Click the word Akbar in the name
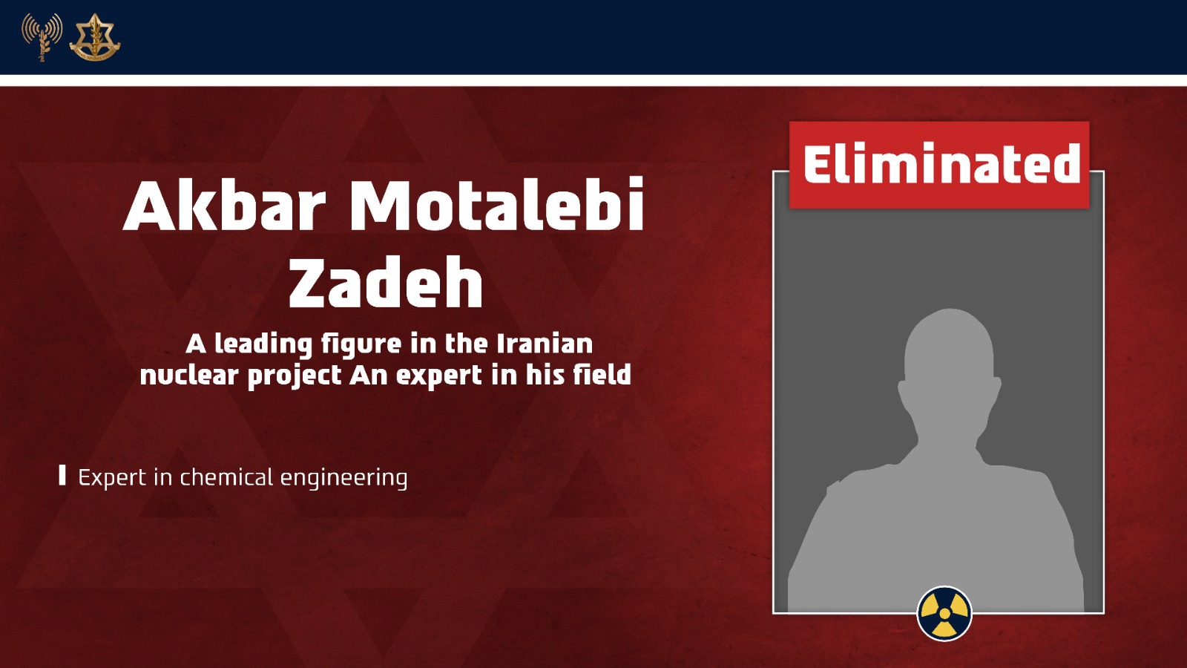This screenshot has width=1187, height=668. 224,205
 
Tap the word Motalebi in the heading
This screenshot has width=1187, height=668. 497,205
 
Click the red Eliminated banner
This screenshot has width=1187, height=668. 939,164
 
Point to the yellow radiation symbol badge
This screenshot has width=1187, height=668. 944,613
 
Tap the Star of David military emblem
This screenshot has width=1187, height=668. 95,37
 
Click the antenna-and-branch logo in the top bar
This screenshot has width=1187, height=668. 42,36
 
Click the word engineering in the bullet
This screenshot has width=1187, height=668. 344,478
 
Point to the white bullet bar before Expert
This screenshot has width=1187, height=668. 62,475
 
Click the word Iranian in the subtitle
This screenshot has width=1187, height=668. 545,344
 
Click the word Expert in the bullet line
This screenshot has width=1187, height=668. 112,478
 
